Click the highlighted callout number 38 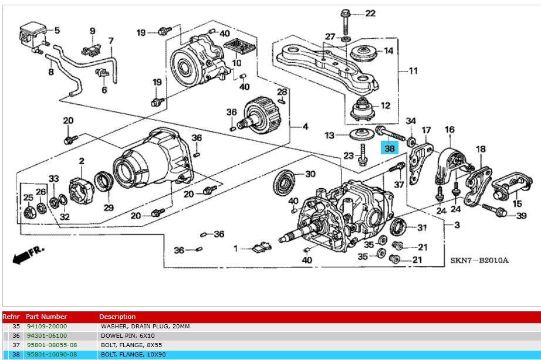(390, 148)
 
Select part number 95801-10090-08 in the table (52, 355)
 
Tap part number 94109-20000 (47, 326)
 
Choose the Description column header (117, 317)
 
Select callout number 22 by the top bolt (370, 13)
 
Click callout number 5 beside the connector (58, 30)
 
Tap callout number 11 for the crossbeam (413, 72)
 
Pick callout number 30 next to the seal (310, 174)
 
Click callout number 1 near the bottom (236, 249)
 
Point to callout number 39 (522, 216)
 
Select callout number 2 (82, 161)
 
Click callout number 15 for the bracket (517, 203)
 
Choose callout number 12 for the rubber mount (386, 106)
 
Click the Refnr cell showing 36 (16, 336)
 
